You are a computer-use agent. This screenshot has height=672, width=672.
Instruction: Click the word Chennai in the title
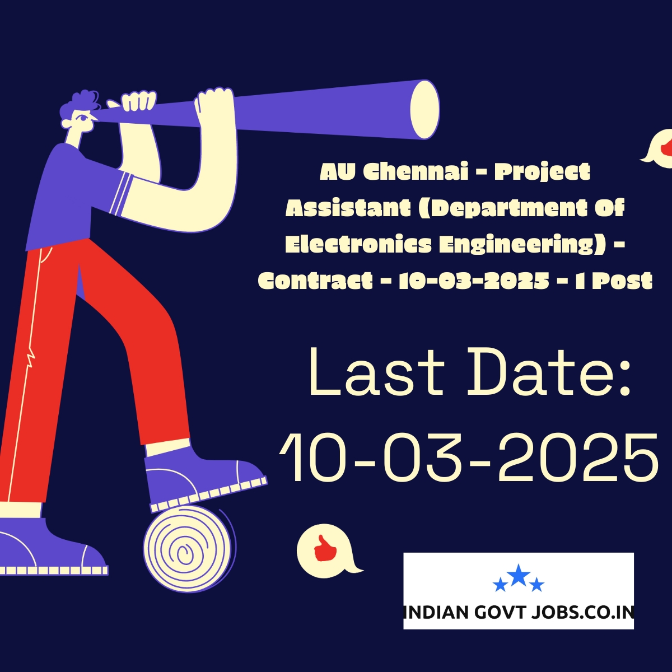pyautogui.click(x=416, y=171)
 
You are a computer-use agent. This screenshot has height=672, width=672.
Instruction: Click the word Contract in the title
pyautogui.click(x=315, y=281)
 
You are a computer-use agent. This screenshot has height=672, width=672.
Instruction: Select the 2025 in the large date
pyautogui.click(x=578, y=456)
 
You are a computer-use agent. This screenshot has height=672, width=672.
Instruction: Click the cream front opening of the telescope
pyautogui.click(x=424, y=109)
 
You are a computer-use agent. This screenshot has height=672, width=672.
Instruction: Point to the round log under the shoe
pyautogui.click(x=189, y=549)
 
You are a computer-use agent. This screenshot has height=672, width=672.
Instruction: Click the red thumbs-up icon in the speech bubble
pyautogui.click(x=325, y=549)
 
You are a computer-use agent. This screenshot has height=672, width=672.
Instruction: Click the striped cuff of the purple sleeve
pyautogui.click(x=121, y=194)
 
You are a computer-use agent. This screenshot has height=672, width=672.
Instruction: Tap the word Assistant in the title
pyautogui.click(x=348, y=208)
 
